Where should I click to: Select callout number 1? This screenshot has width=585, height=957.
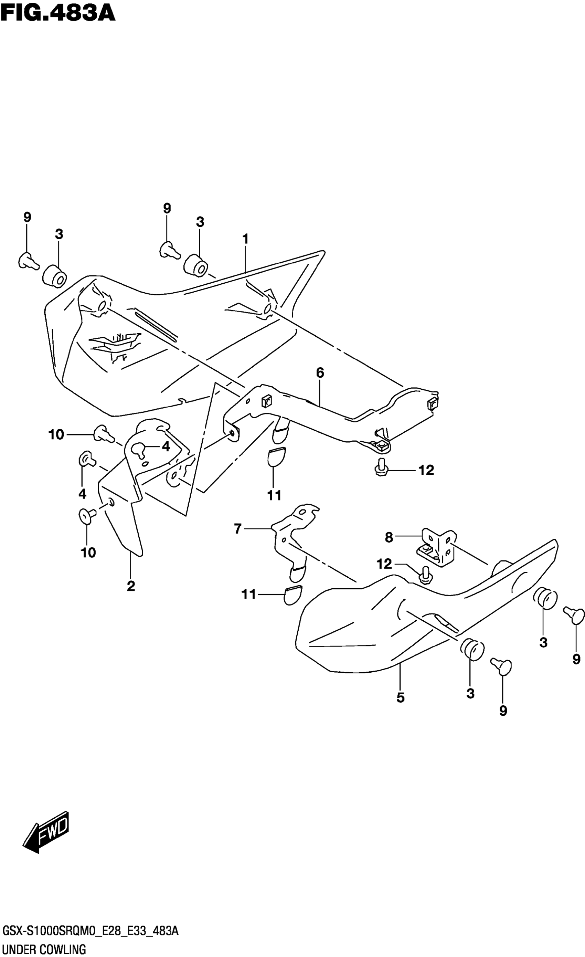[x=245, y=239]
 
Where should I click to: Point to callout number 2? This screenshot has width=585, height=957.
[x=131, y=586]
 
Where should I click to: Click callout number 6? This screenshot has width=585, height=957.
[x=320, y=373]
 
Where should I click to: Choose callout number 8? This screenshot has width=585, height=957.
[x=389, y=537]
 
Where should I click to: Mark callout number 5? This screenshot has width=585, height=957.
[x=401, y=697]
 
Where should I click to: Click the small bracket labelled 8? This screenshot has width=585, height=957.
[x=436, y=548]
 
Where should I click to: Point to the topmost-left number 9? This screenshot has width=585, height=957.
[x=27, y=217]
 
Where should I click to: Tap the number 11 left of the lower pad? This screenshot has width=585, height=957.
[x=249, y=594]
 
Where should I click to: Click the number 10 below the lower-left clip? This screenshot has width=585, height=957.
[x=88, y=553]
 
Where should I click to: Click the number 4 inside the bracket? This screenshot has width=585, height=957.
[x=166, y=446]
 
